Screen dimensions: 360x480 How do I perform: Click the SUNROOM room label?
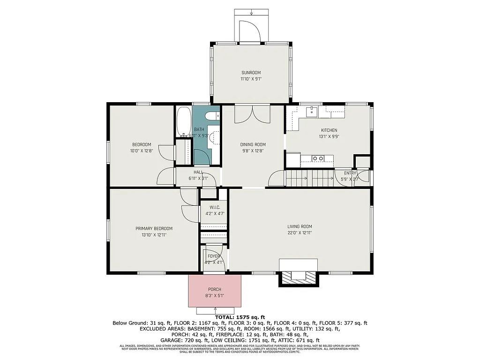point(251,73)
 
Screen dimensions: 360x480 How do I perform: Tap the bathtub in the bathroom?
point(183,121)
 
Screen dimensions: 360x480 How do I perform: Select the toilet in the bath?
point(211,116)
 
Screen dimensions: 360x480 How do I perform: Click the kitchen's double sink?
point(318,158)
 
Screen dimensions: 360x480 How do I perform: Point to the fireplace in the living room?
point(299,277)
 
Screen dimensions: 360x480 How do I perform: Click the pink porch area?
point(215,291)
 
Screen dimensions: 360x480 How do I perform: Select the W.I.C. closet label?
point(215,207)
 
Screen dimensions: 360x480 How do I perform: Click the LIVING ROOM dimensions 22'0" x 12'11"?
point(300,232)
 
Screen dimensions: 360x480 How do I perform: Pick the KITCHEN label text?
point(329,130)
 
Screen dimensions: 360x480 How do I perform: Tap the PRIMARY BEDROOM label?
point(154,228)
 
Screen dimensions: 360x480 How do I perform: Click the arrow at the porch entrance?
point(215,310)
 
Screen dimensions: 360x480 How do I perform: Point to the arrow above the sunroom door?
point(251,12)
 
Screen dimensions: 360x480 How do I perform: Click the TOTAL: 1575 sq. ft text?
point(240,317)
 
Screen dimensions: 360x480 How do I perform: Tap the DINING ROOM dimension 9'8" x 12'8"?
point(253,151)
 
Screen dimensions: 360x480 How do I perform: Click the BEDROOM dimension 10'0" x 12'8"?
point(141,151)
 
